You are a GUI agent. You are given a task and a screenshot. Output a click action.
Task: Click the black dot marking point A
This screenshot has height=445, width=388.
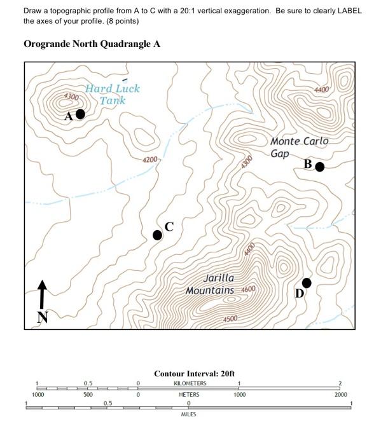[x=80, y=114]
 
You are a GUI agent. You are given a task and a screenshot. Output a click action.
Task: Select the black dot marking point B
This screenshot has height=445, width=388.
[x=320, y=167]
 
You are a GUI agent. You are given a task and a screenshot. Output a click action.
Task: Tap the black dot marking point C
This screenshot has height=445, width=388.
[x=158, y=235]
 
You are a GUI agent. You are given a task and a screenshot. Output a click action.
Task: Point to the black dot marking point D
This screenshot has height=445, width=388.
[x=307, y=282]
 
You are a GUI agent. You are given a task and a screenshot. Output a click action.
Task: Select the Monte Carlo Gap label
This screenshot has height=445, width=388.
[x=299, y=147]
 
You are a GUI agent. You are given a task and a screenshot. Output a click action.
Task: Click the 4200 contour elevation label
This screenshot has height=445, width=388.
[x=150, y=160]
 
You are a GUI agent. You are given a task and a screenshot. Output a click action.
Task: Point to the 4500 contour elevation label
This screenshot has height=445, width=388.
[x=230, y=318]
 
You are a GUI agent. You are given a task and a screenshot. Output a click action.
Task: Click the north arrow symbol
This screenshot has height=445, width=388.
[x=42, y=296]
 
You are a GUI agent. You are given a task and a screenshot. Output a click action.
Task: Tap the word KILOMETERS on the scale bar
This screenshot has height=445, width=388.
[x=190, y=383]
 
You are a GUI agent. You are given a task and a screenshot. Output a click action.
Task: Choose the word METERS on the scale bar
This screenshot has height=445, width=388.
[x=189, y=395]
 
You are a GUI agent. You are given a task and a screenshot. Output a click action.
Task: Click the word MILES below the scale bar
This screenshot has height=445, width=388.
[x=189, y=414]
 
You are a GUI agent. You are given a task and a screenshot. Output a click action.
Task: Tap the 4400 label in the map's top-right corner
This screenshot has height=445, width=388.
[x=322, y=90]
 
